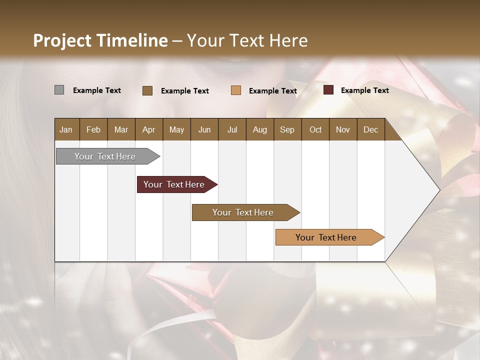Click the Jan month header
click(66, 130)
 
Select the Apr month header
click(148, 130)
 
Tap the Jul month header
click(232, 130)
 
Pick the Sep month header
click(287, 130)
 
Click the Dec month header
click(370, 130)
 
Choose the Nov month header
click(342, 130)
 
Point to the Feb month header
click(93, 130)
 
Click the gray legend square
click(59, 90)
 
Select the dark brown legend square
click(147, 90)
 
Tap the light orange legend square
click(236, 90)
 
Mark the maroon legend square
click(328, 90)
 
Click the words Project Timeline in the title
click(100, 40)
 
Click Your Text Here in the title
click(247, 40)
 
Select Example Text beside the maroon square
click(364, 90)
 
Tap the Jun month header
click(204, 130)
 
